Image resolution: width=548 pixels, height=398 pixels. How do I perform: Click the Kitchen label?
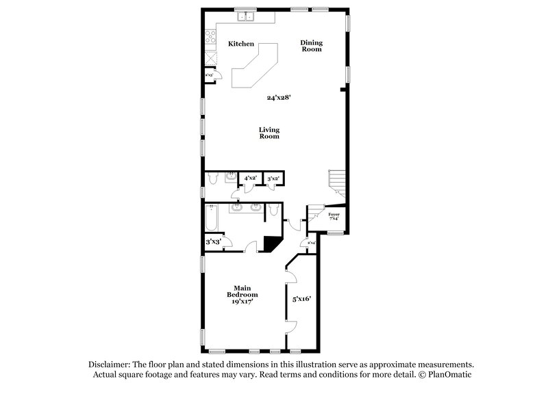[x=241, y=44]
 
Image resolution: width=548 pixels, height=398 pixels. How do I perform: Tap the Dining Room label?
[x=312, y=46]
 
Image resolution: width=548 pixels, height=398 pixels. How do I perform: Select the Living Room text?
[x=269, y=133]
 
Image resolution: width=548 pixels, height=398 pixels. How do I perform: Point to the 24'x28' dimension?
[x=279, y=98]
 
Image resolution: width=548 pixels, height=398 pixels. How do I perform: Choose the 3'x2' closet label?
[x=273, y=178]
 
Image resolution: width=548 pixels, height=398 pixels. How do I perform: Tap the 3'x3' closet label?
[x=213, y=241]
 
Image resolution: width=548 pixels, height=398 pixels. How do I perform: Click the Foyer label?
[x=334, y=217]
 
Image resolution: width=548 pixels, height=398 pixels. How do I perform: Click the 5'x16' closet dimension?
[x=301, y=298]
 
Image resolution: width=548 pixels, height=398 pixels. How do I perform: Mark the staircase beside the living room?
[x=336, y=181]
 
